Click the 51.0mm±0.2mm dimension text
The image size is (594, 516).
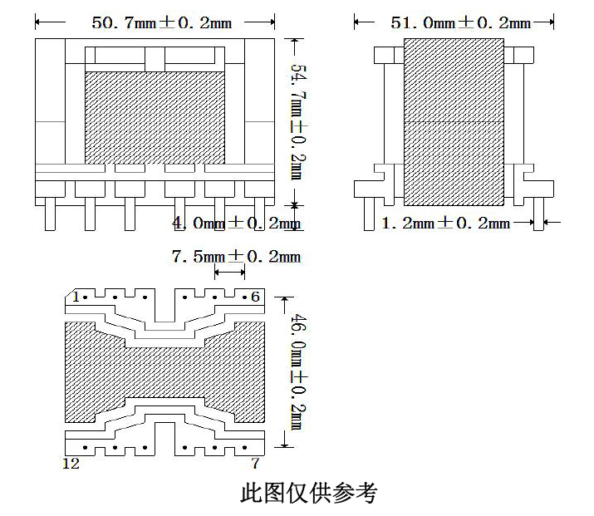[x=460, y=22]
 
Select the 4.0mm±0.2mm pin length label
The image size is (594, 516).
[x=235, y=223]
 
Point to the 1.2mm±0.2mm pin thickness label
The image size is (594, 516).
[x=445, y=223]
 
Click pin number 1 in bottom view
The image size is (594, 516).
[x=76, y=297]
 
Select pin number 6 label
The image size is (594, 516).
[x=255, y=297]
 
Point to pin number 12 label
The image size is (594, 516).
[x=71, y=463]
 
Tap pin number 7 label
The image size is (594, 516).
[x=255, y=463]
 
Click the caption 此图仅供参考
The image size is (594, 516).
[x=308, y=493]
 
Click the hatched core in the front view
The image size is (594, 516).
[x=155, y=117]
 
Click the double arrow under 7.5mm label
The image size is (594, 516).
[x=229, y=272]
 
